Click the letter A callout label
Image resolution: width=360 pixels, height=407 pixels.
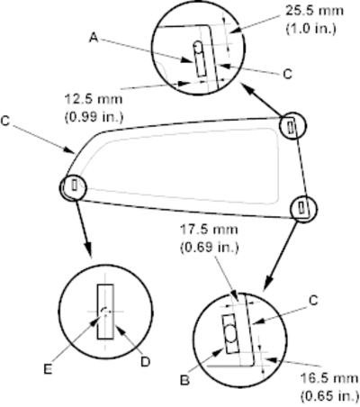coord(94,38)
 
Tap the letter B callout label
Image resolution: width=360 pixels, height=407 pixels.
coord(185,380)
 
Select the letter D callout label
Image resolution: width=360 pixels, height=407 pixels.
coord(145,362)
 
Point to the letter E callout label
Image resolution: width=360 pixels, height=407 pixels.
coord(48,369)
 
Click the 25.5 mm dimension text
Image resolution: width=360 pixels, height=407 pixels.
coord(314,11)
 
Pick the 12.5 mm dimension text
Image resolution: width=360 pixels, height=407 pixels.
coord(94,99)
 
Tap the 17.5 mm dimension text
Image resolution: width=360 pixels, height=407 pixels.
coord(209,230)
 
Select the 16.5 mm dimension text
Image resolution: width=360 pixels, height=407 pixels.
coord(329,378)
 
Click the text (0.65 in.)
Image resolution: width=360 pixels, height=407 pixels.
coord(329,396)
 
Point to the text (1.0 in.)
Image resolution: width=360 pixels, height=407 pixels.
coord(310,29)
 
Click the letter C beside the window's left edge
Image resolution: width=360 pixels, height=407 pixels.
coord(5,121)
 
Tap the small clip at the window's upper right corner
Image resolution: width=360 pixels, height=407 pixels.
coord(291,126)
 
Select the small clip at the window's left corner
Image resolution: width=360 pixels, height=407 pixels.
coord(75,185)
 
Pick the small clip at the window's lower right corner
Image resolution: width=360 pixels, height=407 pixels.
coord(301,208)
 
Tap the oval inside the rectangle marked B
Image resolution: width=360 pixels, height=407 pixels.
coord(230,333)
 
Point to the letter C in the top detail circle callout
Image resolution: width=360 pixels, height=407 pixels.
coord(287,74)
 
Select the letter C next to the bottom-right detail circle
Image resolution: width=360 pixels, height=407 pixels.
coord(313,301)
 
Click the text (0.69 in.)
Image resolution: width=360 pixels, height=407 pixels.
coord(209,248)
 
